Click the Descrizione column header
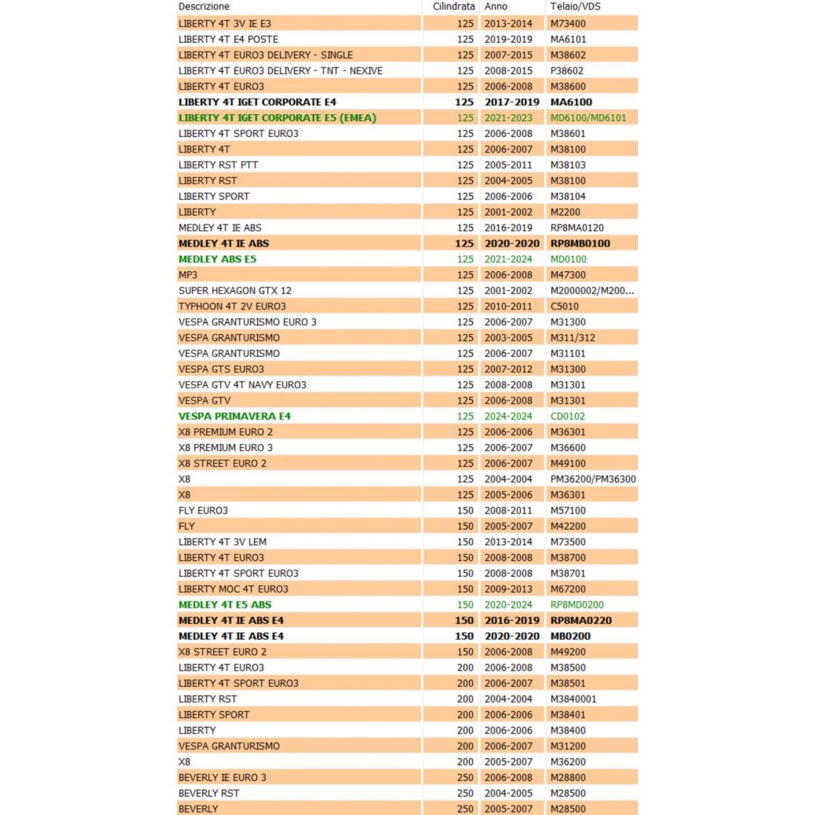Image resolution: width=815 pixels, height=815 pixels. point(204,7)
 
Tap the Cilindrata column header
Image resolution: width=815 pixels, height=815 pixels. point(453,7)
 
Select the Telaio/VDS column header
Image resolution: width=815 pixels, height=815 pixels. point(575,7)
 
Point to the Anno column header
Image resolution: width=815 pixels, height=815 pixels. point(496,7)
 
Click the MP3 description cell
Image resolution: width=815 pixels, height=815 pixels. point(188,275)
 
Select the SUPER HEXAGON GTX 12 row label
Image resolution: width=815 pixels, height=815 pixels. point(235,290)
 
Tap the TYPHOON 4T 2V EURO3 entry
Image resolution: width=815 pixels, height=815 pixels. point(232,306)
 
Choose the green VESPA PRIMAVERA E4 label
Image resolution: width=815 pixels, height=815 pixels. point(234,416)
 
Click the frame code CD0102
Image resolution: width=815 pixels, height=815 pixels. point(568,416)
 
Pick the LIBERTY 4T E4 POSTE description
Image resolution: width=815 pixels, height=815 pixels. point(228,39)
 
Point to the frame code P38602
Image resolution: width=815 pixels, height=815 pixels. point(567,70)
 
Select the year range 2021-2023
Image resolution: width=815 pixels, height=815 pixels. point(508,118)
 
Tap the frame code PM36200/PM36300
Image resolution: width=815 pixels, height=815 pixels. point(593,479)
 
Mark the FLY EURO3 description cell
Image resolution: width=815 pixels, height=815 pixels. point(203,510)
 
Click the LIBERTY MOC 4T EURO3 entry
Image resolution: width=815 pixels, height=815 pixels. point(233,589)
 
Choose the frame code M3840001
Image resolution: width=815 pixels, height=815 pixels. point(573,699)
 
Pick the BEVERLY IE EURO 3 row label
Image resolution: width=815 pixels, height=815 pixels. point(222,777)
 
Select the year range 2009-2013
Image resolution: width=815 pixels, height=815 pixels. point(508,589)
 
